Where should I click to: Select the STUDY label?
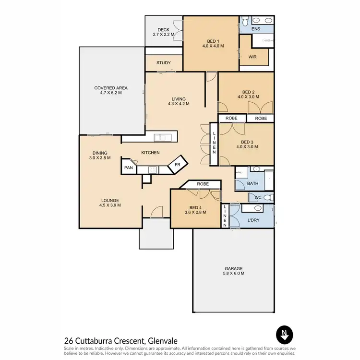pos(164,63)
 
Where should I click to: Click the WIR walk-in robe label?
pos(252,57)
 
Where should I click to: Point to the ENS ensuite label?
pos(256,29)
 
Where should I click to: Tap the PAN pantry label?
pos(128,168)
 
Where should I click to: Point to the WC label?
pos(258,197)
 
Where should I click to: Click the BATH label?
pos(253,183)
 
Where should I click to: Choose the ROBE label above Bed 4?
pos(202,184)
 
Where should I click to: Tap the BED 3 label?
pos(247,142)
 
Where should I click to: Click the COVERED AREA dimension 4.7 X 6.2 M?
pos(111,93)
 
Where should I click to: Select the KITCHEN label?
pos(150,153)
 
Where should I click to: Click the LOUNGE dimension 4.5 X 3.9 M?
pos(110,205)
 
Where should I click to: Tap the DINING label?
pos(100,152)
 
